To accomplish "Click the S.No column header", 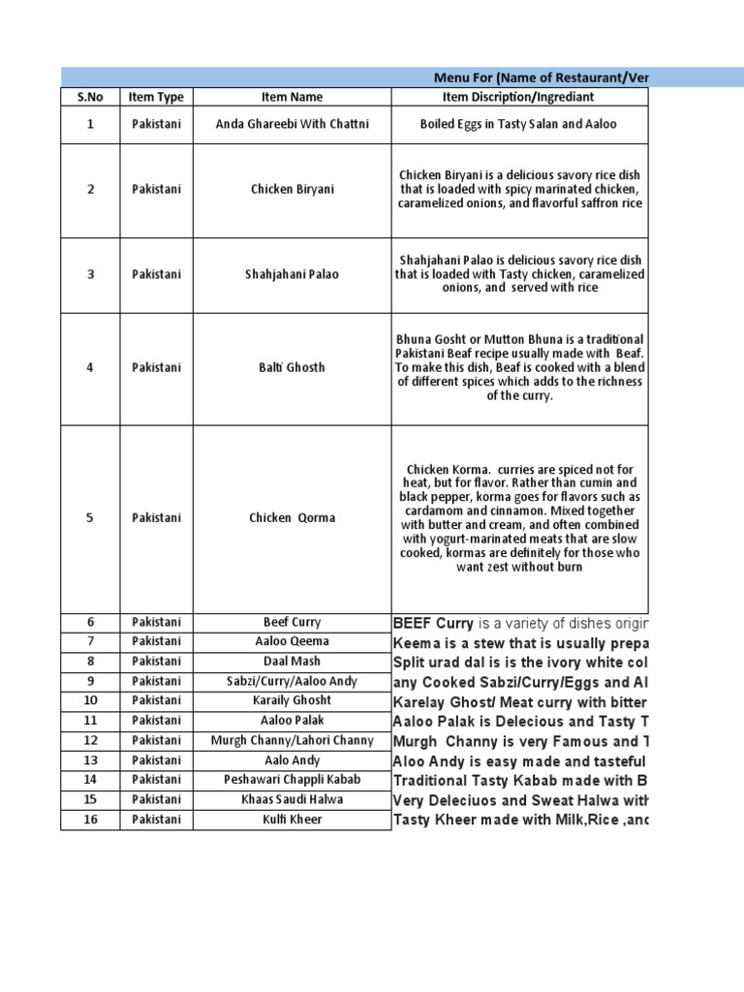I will pyautogui.click(x=90, y=97).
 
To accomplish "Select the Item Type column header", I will pyautogui.click(x=156, y=97).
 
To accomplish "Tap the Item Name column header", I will pyautogui.click(x=292, y=97).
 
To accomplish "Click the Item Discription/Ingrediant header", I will pyautogui.click(x=518, y=97).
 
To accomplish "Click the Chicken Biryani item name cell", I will pyautogui.click(x=292, y=190).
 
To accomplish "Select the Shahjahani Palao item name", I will pyautogui.click(x=292, y=274).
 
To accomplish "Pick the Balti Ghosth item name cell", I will pyautogui.click(x=292, y=368).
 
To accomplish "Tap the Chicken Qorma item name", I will pyautogui.click(x=292, y=518).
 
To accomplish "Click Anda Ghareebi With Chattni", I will pyautogui.click(x=292, y=124).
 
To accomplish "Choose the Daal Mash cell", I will pyautogui.click(x=292, y=662).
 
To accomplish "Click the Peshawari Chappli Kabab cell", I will pyautogui.click(x=292, y=780).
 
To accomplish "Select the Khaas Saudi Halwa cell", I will pyautogui.click(x=292, y=799).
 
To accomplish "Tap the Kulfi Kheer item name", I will pyautogui.click(x=292, y=820).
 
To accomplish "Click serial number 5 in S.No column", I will pyautogui.click(x=90, y=518).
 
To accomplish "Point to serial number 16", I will pyautogui.click(x=90, y=820).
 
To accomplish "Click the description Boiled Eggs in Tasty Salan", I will pyautogui.click(x=518, y=124).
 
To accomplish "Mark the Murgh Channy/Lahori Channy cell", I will pyautogui.click(x=292, y=741).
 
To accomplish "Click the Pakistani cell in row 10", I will pyautogui.click(x=156, y=700).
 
